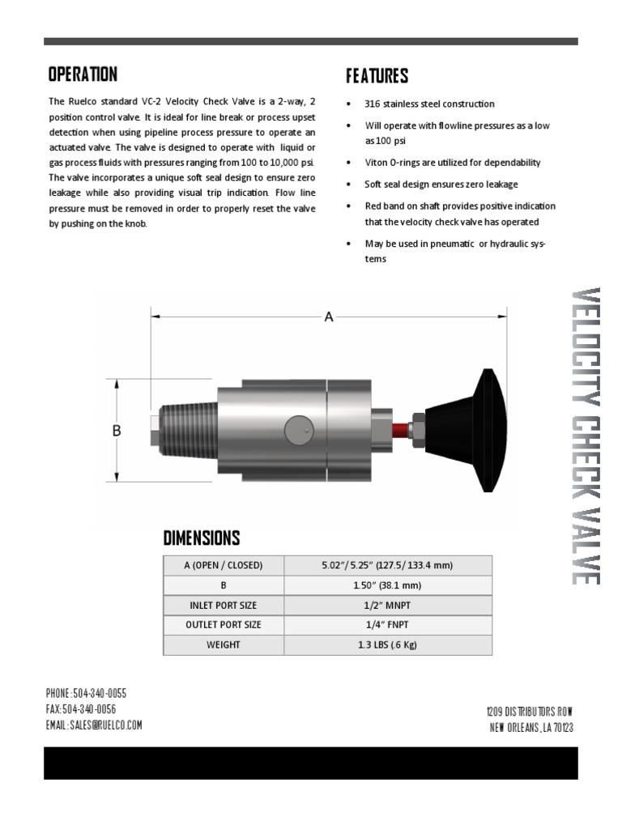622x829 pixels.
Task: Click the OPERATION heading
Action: point(83,74)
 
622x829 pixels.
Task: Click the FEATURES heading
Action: point(377,76)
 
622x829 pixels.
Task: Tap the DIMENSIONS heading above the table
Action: point(202,538)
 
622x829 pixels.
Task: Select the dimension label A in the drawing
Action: point(329,317)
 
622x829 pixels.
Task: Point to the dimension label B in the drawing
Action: point(116,432)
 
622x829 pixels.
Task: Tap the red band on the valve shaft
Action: point(400,427)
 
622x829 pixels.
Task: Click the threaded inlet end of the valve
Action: point(185,429)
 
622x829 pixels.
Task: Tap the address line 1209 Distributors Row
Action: point(530,711)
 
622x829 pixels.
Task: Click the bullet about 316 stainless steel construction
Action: point(429,104)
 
